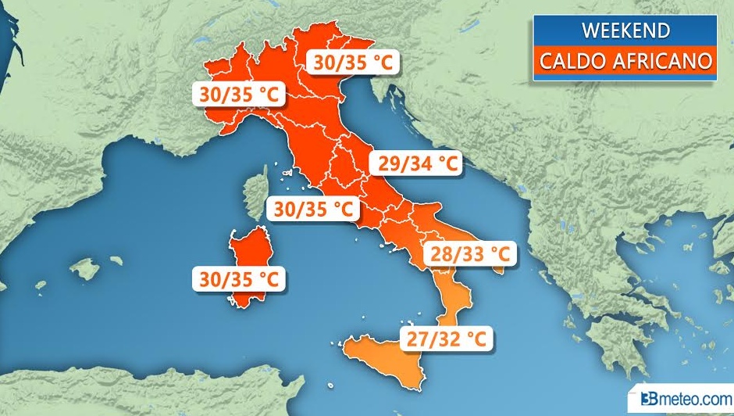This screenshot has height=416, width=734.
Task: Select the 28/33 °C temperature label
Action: (470, 254)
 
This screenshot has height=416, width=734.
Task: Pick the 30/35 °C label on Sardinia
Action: (240, 279)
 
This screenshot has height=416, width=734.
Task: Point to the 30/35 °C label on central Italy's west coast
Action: (313, 209)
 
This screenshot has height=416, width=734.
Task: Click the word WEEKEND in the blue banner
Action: (625, 30)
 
